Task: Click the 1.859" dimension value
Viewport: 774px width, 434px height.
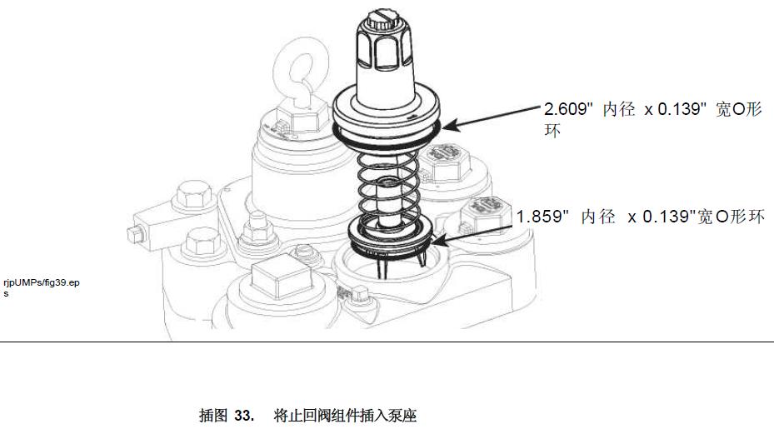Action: pos(542,217)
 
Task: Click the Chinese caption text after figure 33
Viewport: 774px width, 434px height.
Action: pos(345,416)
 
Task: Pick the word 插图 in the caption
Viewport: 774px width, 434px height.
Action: pos(212,416)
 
